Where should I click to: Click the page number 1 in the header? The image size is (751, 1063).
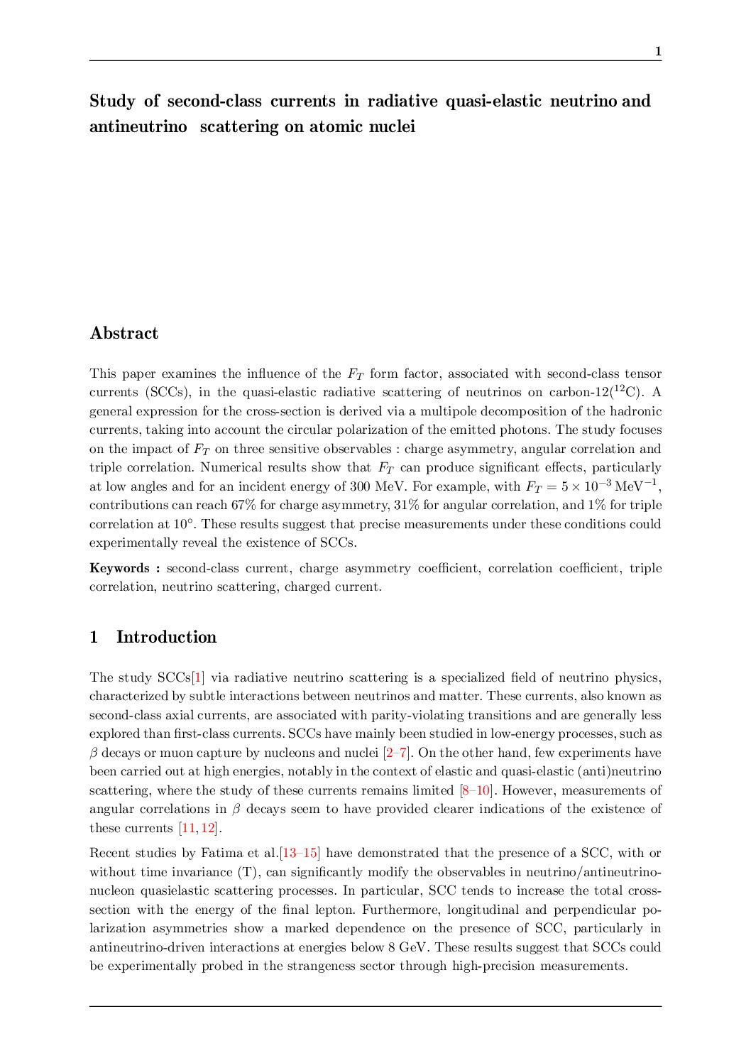click(x=658, y=51)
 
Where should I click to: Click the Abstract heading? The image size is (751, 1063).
click(x=124, y=333)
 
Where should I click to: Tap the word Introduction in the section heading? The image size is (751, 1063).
click(x=166, y=637)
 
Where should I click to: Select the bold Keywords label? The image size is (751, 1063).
click(x=119, y=568)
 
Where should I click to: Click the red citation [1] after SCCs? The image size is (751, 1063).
click(x=199, y=677)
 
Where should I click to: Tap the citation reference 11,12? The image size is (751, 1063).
click(x=198, y=828)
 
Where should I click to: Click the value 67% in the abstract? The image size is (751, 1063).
click(x=244, y=505)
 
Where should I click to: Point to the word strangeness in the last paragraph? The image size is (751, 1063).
click(x=320, y=966)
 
